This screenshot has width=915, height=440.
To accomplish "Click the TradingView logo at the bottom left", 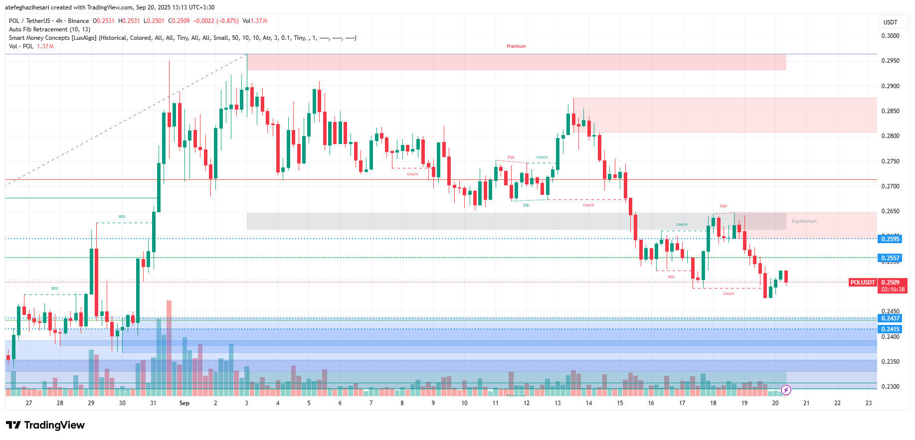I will [45, 425].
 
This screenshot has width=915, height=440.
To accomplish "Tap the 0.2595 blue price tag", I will [890, 239].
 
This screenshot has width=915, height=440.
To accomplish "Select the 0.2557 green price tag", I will [890, 258].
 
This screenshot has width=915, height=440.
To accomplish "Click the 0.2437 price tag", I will [890, 318].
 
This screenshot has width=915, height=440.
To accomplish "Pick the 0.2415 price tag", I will [890, 329].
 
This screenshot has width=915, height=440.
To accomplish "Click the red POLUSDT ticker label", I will [863, 283].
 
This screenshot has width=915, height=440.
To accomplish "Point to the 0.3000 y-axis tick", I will [890, 36].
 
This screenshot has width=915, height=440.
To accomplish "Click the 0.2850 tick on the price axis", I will [890, 111].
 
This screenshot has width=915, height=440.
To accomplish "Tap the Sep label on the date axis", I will [184, 403].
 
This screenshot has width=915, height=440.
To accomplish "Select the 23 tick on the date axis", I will [869, 403].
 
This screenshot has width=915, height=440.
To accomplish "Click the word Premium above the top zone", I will [516, 46].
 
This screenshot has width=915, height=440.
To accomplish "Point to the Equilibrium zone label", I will [804, 221].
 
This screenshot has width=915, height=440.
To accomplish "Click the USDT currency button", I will [891, 22].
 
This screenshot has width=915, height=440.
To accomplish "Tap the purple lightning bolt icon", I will [786, 390].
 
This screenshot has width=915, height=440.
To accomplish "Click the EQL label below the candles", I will [526, 205].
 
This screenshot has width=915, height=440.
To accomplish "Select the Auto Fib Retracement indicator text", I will [49, 29].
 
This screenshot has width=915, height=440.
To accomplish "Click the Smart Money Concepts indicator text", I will [52, 38].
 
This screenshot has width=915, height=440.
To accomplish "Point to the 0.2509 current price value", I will [890, 283].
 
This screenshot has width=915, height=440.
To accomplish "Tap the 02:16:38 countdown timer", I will [893, 290].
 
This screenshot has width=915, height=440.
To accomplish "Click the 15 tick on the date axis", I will [620, 403].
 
